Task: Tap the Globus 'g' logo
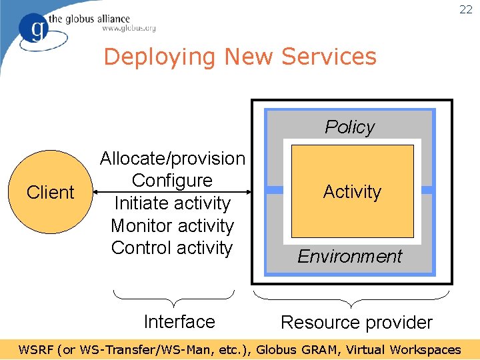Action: (33, 28)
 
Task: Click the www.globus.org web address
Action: (129, 29)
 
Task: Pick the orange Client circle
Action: (50, 192)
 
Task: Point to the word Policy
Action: (350, 127)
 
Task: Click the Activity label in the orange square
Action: (352, 192)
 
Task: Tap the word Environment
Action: (350, 257)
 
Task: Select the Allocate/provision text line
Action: (173, 159)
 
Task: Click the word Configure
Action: (172, 181)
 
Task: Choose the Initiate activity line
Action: (172, 203)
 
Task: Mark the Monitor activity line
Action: (172, 226)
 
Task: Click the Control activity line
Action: (172, 248)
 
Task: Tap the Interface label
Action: (179, 321)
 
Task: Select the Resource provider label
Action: (357, 323)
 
